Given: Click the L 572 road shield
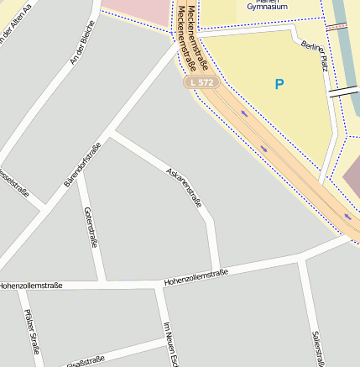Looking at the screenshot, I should (202, 82).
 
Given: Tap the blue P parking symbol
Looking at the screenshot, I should (279, 84).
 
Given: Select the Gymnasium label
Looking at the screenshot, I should (267, 6).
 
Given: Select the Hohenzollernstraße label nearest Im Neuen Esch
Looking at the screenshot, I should (196, 276).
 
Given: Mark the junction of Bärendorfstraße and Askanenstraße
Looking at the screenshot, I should (110, 133).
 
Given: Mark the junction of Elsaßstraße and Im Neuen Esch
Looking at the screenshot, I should (165, 343).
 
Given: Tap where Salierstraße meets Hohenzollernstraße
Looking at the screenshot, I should (300, 260).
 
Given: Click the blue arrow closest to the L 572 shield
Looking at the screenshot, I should (244, 113).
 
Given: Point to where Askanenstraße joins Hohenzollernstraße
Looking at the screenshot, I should (220, 271).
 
